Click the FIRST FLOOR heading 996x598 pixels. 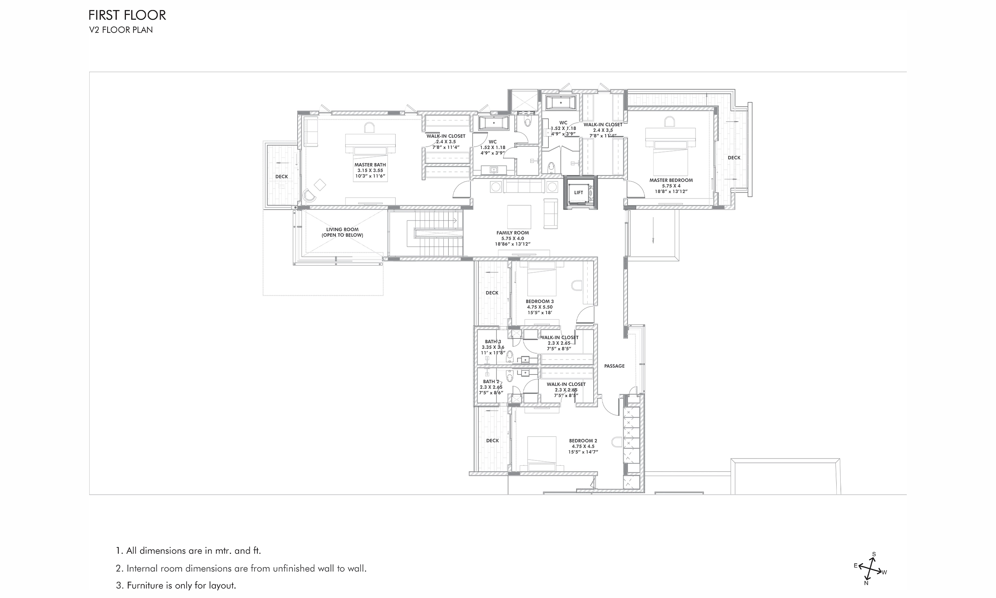(x=127, y=15)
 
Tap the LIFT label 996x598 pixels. (x=578, y=193)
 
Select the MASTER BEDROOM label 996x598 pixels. (x=671, y=181)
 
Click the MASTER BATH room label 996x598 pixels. (x=370, y=165)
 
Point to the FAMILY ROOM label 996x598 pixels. (x=512, y=233)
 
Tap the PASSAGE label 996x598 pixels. (x=614, y=366)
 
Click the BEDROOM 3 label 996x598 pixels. (x=539, y=301)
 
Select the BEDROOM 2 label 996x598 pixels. (x=583, y=441)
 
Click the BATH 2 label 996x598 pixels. (x=491, y=382)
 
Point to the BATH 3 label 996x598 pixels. (x=493, y=342)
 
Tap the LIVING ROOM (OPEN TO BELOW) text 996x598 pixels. (x=342, y=232)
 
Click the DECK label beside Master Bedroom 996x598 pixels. (x=733, y=158)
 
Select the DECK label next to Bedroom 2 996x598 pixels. (x=492, y=441)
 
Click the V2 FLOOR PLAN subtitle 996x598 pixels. (x=121, y=30)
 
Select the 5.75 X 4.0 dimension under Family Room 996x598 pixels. (x=512, y=238)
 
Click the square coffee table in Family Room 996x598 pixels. (x=519, y=217)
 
